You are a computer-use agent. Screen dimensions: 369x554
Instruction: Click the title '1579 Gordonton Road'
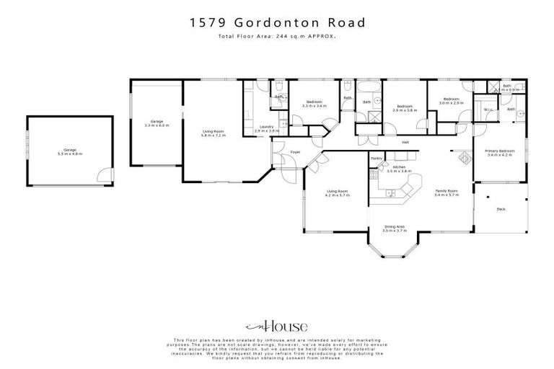(x=277, y=22)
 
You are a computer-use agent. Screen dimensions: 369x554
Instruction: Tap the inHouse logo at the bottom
(x=277, y=326)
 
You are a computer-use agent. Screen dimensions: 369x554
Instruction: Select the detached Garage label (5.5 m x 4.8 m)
(x=70, y=152)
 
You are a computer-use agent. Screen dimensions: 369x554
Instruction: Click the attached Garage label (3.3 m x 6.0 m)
(x=156, y=123)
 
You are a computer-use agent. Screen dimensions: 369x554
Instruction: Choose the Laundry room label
(x=267, y=129)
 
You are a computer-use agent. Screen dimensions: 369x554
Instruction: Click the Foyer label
(x=295, y=153)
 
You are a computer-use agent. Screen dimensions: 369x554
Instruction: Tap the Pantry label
(x=376, y=157)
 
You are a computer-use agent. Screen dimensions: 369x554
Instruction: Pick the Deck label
(x=501, y=210)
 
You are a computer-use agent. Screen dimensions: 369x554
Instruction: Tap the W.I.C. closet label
(x=488, y=110)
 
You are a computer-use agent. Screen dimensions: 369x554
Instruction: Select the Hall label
(x=405, y=142)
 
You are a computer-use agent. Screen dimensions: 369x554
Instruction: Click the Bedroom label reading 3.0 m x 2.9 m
(x=451, y=101)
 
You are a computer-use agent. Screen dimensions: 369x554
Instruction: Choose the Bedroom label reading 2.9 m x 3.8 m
(x=405, y=109)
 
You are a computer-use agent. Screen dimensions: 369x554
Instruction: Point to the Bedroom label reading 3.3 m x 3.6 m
(x=314, y=104)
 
